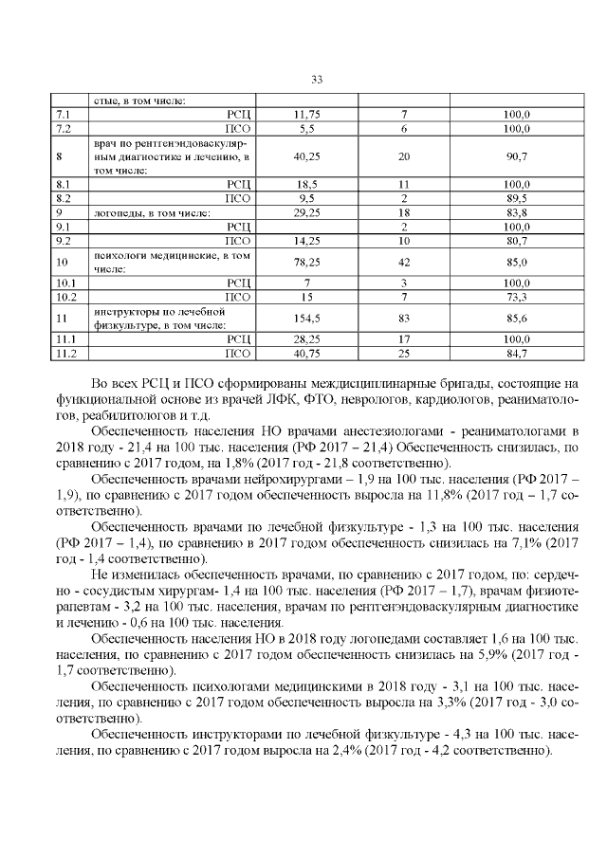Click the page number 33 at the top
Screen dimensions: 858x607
pyautogui.click(x=317, y=79)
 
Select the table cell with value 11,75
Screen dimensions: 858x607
pyautogui.click(x=307, y=115)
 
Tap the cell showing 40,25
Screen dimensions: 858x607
pyautogui.click(x=305, y=155)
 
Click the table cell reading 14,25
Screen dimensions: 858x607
pyautogui.click(x=305, y=241)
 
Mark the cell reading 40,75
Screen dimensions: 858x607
pyautogui.click(x=305, y=354)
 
